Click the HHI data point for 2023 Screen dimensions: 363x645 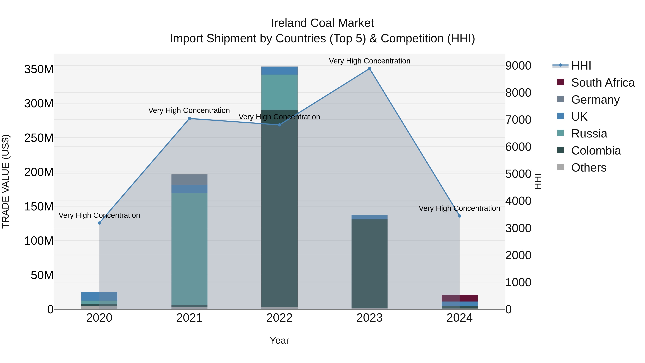pos(369,69)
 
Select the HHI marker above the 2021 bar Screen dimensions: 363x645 pos(189,118)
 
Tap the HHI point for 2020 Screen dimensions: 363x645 pos(99,223)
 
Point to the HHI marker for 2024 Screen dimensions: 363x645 pos(459,216)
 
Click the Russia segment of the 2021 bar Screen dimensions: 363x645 pos(189,248)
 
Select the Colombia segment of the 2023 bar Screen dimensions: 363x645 pos(369,263)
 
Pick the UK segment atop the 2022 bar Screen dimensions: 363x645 pos(279,71)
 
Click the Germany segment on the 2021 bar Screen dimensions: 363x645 pos(189,180)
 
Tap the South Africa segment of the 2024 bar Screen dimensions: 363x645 pos(459,298)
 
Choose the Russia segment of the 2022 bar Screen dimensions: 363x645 pos(279,92)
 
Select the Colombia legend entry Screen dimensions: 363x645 pos(596,151)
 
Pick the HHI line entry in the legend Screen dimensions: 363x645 pos(581,66)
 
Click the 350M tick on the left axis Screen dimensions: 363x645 pos(39,69)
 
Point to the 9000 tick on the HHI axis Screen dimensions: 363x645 pos(518,66)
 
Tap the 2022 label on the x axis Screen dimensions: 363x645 pos(279,318)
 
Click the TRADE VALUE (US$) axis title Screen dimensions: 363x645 pos(6,181)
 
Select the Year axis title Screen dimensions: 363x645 pos(279,340)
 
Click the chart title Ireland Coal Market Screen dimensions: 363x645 pos(322,23)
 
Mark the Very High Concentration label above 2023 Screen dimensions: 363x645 pos(369,61)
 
